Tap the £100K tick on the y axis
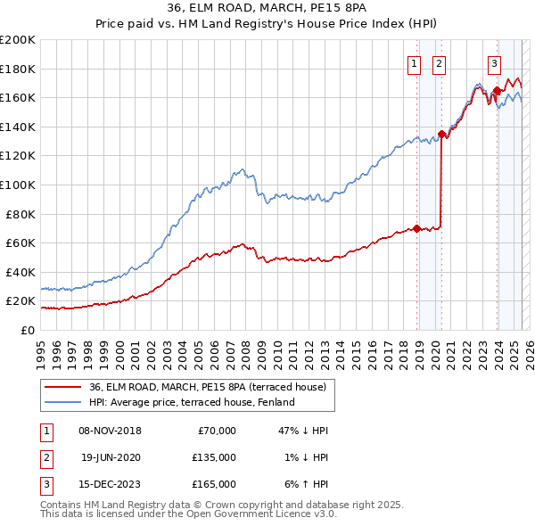(x=18, y=185)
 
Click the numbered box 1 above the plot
(x=416, y=63)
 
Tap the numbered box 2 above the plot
(x=440, y=63)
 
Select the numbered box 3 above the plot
(x=494, y=63)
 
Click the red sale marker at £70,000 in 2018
(x=416, y=228)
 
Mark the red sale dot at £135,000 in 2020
(x=441, y=134)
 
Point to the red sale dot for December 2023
(x=497, y=90)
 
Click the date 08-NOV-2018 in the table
(x=111, y=431)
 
